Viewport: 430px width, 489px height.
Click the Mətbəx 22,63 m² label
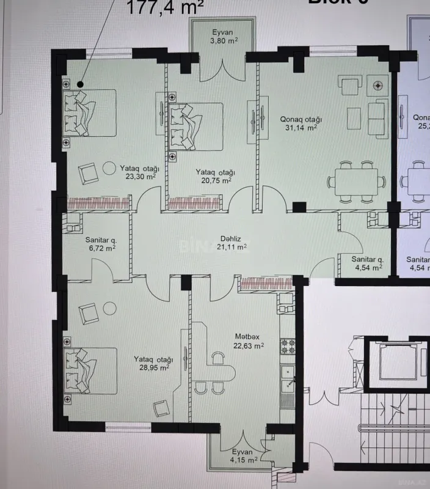click(x=249, y=340)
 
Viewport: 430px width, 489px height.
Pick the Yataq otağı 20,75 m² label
click(x=215, y=177)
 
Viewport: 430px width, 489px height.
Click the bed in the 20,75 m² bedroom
click(x=196, y=126)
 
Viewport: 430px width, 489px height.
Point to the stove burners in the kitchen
click(x=287, y=347)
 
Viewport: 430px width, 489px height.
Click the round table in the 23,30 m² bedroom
click(x=109, y=167)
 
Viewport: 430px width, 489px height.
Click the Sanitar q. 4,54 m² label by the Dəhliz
click(x=366, y=263)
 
